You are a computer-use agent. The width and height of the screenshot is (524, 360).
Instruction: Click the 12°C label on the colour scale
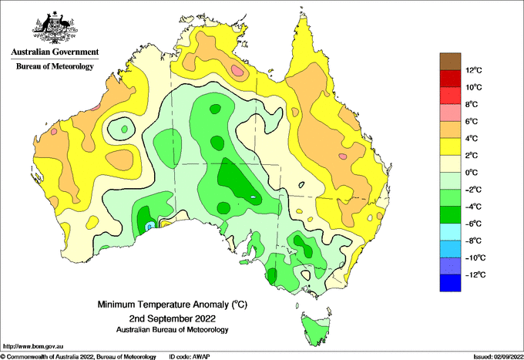(x=474, y=70)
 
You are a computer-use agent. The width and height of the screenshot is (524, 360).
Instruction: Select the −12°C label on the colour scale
(x=474, y=274)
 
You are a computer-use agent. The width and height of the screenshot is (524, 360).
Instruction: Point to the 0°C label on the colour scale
(x=471, y=173)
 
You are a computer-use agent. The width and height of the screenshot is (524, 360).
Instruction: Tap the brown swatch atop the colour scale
(x=450, y=62)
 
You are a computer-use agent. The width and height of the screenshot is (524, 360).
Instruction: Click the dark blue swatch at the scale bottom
(x=450, y=283)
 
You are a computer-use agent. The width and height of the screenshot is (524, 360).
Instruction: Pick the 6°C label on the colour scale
(x=471, y=121)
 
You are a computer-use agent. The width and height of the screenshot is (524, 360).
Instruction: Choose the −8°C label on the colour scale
(x=473, y=241)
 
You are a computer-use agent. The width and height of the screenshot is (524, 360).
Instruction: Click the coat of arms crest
(x=55, y=28)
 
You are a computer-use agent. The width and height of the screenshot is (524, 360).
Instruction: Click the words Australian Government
(x=55, y=52)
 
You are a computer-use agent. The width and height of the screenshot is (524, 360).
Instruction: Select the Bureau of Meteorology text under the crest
(x=55, y=66)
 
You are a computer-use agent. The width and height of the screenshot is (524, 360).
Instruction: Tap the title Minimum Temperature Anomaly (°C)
(x=172, y=304)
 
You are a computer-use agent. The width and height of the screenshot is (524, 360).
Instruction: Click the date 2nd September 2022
(x=172, y=318)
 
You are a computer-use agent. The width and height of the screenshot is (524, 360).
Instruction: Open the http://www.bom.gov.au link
(x=33, y=346)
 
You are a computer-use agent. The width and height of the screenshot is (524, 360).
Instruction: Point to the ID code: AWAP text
(x=190, y=357)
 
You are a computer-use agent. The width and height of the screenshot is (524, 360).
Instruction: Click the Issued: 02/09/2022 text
(x=498, y=357)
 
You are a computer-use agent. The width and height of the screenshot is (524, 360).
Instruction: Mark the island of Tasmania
(x=316, y=329)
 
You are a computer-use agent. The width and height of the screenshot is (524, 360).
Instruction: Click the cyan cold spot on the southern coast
(x=150, y=226)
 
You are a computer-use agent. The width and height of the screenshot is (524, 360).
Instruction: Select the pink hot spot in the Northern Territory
(x=237, y=70)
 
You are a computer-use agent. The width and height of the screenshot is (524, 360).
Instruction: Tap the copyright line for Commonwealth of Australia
(x=79, y=357)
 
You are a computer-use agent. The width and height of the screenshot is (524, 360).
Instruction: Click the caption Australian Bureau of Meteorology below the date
(x=172, y=330)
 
